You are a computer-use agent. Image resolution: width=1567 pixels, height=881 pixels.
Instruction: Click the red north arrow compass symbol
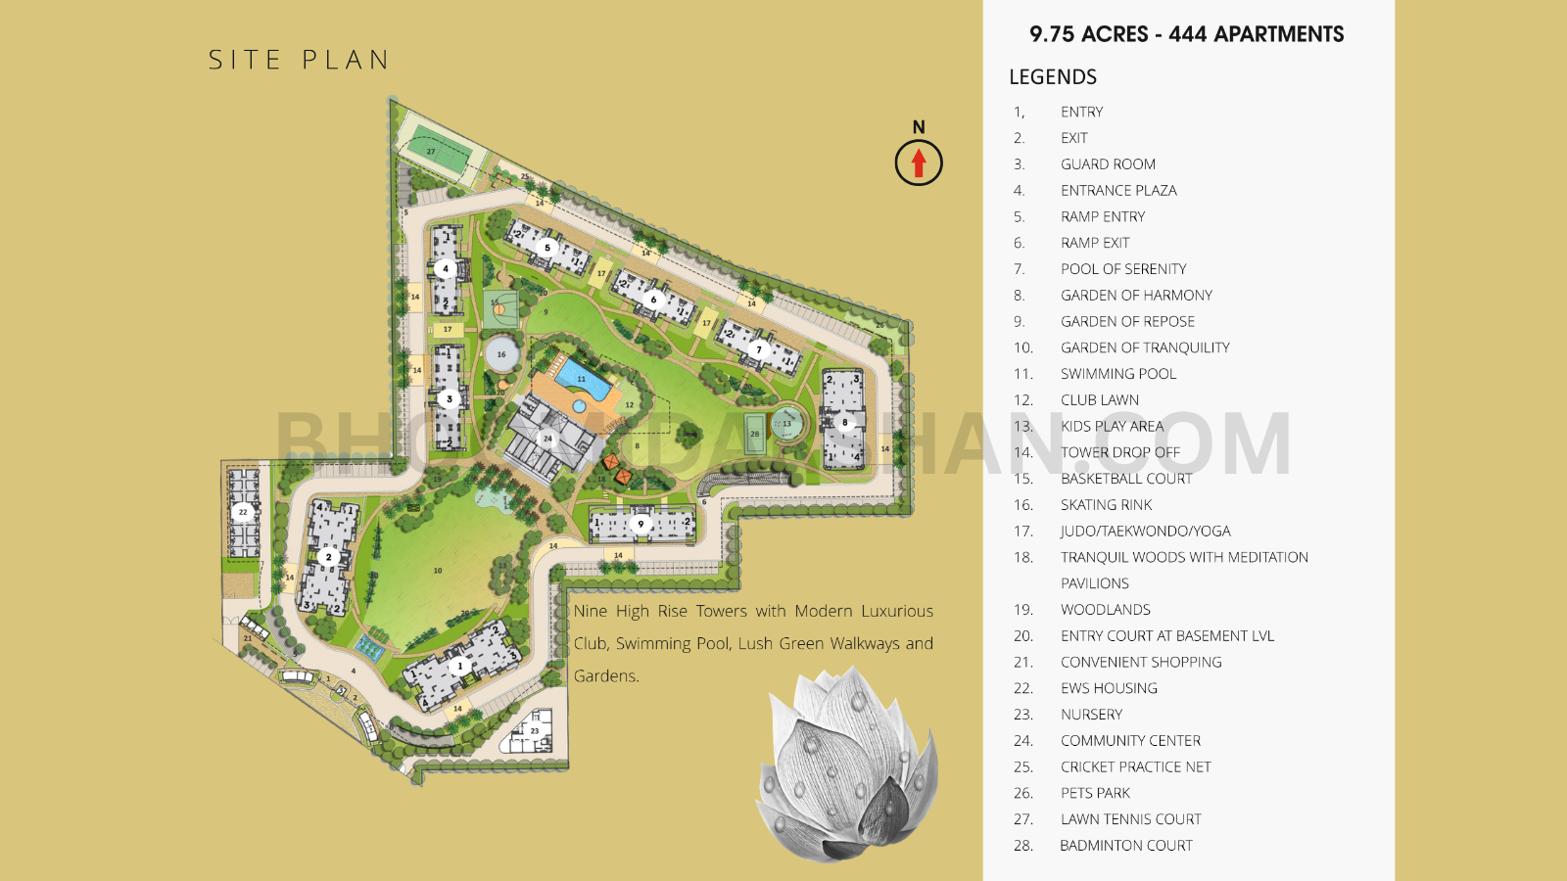tap(918, 162)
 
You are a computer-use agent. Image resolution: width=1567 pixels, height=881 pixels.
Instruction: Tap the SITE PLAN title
tap(299, 61)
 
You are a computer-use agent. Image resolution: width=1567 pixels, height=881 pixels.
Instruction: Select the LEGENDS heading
tap(1053, 77)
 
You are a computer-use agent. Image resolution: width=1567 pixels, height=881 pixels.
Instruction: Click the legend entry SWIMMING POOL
tap(1117, 374)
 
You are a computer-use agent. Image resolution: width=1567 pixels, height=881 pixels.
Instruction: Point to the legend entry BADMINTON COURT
tap(1125, 846)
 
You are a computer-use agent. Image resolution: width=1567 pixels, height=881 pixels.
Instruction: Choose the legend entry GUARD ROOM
tap(1108, 164)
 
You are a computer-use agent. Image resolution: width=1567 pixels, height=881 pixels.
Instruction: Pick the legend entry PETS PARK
tap(1095, 793)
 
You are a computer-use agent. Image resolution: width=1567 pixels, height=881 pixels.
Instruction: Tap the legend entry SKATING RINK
tap(1106, 505)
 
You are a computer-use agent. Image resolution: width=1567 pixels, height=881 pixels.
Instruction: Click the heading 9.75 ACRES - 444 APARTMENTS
tap(1186, 35)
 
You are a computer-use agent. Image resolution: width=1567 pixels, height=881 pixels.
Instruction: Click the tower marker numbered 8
tap(844, 423)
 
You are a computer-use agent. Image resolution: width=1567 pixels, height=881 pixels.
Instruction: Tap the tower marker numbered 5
tap(547, 248)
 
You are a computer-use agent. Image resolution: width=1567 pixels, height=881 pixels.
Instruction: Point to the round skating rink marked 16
tap(501, 354)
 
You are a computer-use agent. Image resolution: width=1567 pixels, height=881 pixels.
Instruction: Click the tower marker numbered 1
tap(459, 666)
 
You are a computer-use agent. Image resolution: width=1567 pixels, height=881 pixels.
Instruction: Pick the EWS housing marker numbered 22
tap(243, 511)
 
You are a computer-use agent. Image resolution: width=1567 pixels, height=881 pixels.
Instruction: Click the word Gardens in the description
tap(605, 676)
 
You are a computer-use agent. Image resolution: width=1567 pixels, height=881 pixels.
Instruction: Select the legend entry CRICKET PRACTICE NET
tap(1135, 767)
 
